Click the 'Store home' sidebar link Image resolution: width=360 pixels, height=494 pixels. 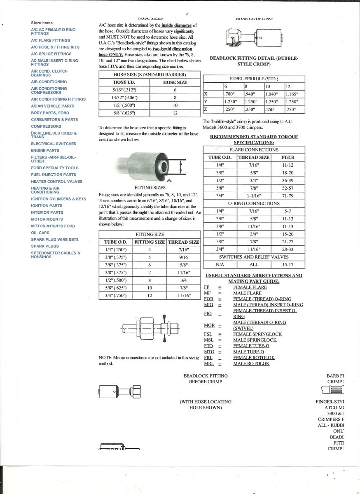(42, 23)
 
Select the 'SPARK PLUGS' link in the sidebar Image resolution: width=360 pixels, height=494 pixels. (45, 246)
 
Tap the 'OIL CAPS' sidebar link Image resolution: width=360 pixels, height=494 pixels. (40, 233)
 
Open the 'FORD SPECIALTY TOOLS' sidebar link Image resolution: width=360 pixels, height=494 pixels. (54, 168)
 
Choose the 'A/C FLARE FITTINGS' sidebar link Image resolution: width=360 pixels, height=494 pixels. (50, 40)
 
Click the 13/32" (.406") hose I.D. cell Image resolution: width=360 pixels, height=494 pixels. (124, 98)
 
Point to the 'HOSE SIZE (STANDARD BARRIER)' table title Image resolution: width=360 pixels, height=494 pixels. (150, 75)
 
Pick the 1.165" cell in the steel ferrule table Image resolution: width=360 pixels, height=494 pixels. (294, 94)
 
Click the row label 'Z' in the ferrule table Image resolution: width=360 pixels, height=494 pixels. (206, 110)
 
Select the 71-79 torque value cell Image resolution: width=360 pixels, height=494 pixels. (288, 196)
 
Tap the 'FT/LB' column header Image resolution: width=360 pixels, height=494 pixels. (288, 157)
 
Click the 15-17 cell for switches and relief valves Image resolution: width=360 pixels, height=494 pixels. (288, 265)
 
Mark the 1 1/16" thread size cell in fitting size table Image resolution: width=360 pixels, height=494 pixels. (183, 295)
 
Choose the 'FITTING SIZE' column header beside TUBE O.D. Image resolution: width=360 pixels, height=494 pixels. (150, 242)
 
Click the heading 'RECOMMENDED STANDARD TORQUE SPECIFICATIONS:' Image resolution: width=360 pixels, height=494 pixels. (254, 140)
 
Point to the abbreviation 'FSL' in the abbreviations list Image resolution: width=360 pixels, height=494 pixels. (208, 334)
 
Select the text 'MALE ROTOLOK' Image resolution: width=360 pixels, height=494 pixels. (251, 364)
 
